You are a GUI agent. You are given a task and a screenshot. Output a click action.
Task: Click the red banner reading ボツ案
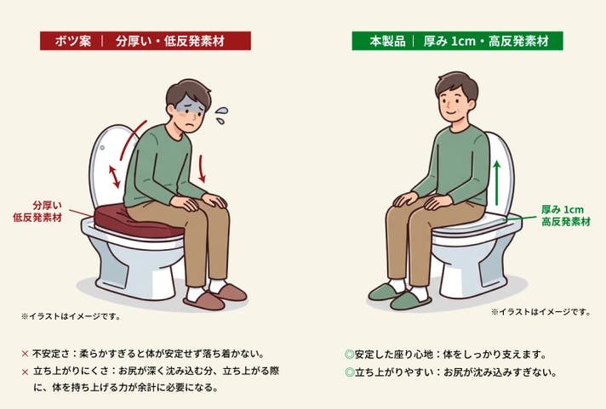(146, 41)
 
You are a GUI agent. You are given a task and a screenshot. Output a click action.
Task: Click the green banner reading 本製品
(457, 41)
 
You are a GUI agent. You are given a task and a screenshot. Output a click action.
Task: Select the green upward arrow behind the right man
(497, 183)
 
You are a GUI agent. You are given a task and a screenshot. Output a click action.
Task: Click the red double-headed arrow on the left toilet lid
(114, 177)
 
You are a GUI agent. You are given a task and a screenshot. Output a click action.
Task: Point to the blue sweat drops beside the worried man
(221, 115)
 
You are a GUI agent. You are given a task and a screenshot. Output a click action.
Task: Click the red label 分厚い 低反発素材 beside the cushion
(37, 211)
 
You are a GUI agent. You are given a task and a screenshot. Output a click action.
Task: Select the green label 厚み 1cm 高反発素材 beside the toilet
(566, 215)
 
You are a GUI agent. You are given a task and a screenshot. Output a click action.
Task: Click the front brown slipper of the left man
(204, 300)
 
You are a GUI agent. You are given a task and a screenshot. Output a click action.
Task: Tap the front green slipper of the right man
(410, 300)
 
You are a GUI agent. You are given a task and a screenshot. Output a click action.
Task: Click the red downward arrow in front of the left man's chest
(202, 168)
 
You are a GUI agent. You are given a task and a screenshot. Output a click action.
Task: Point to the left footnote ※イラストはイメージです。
(71, 316)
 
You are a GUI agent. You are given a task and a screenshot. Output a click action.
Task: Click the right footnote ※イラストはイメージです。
(541, 312)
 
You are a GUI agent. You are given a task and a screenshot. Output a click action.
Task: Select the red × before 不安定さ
(26, 354)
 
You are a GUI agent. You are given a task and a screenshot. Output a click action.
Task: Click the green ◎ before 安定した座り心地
(349, 355)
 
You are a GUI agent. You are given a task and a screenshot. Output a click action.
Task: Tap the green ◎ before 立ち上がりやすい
(349, 372)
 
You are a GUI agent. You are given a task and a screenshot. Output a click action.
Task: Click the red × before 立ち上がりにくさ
(26, 372)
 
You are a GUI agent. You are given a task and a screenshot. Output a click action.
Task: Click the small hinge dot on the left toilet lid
(102, 148)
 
